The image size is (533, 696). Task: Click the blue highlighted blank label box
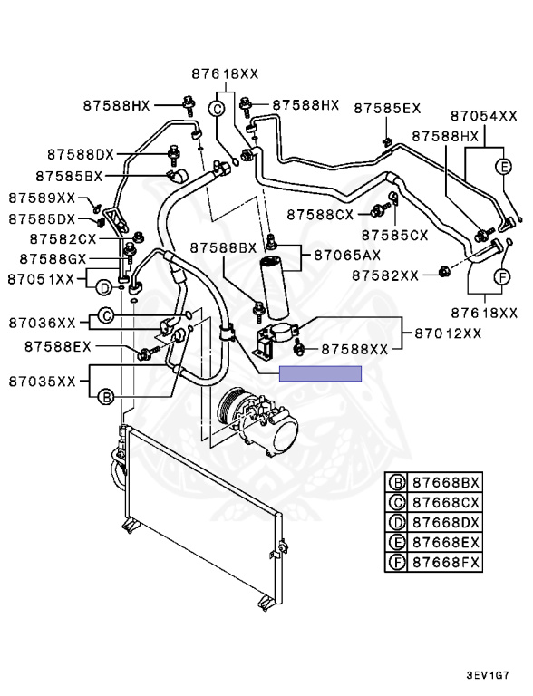click(320, 373)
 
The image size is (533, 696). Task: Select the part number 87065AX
click(347, 256)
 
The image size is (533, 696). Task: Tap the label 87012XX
click(448, 333)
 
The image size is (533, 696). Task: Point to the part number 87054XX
click(484, 116)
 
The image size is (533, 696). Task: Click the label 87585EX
click(387, 109)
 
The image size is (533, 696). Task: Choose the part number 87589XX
click(42, 198)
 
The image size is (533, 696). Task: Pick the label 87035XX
click(43, 382)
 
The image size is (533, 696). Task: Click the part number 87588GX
click(53, 259)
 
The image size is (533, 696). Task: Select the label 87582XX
click(385, 276)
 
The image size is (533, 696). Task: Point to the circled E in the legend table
click(397, 543)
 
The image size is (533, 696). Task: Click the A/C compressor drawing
click(257, 420)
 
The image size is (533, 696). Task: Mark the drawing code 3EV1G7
click(488, 676)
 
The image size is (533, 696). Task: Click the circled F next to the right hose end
click(502, 277)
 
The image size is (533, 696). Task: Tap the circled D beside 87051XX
click(104, 289)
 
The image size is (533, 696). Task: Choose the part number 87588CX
click(320, 215)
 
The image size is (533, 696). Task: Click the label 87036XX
click(43, 323)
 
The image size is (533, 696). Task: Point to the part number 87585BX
click(69, 177)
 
